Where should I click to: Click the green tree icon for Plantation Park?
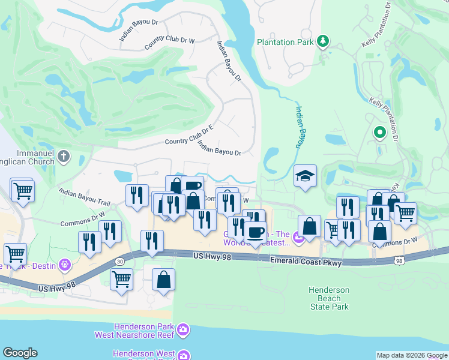324,41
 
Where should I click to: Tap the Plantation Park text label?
285,42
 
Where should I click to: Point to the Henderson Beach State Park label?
329,298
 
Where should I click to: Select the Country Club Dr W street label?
170,43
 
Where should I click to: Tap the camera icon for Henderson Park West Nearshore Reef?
182,329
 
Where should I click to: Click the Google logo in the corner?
20,353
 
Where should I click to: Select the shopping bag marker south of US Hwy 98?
164,280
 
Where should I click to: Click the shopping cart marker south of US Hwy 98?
121,279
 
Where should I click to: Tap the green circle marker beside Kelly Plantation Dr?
379,132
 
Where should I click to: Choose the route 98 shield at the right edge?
400,260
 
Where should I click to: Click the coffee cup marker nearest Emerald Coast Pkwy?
255,232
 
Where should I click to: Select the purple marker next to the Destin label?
65,265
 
